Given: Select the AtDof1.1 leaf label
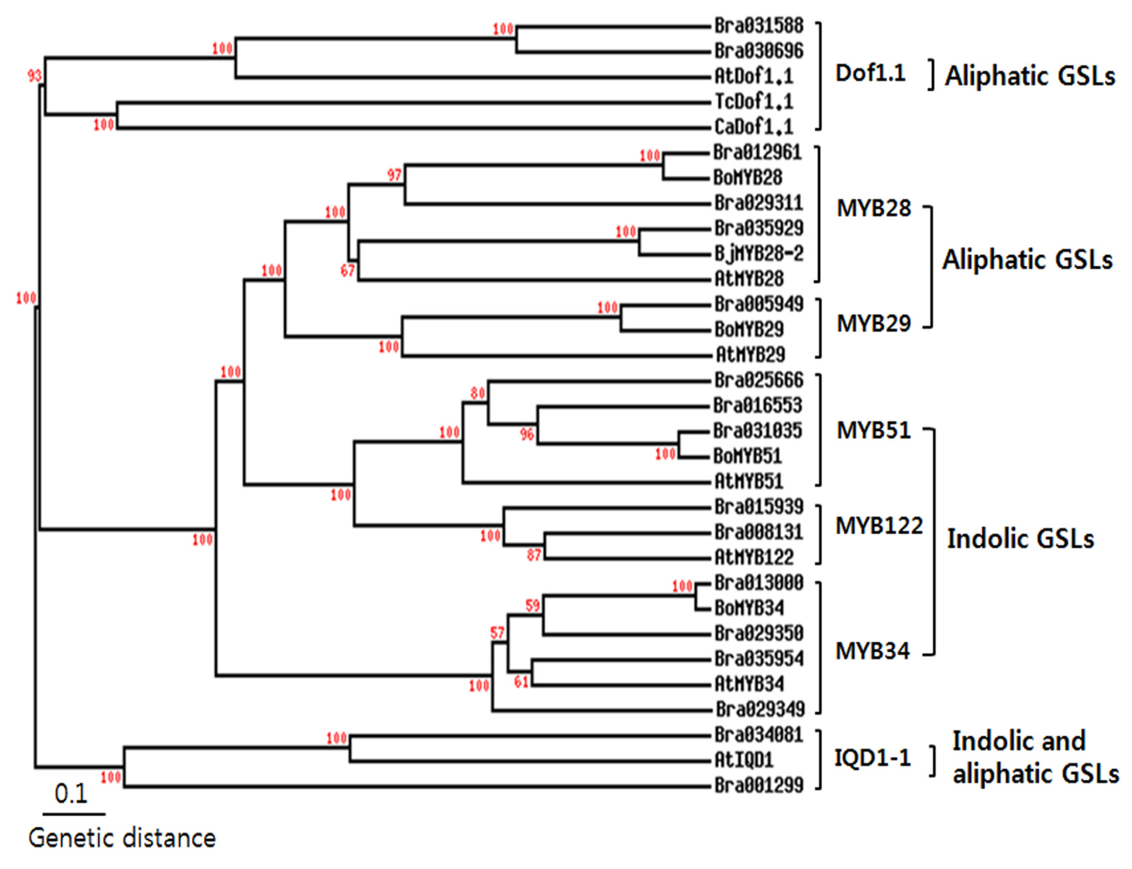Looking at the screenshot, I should pos(753,77).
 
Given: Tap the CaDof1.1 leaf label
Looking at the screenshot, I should pos(753,127).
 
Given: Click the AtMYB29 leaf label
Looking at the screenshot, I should pos(750,355).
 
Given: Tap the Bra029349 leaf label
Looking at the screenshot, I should pos(760,709).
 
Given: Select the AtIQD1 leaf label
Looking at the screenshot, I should pos(744,760).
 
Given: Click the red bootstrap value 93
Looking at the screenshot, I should pos(34,76).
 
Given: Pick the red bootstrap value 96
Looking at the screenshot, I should pos(527,434).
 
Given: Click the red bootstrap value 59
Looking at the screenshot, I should pos(532,606).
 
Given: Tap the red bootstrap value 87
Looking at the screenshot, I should pos(533,556).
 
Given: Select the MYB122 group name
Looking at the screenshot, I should pos(878,526).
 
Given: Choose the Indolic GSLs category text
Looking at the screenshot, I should pos(1020,539).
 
